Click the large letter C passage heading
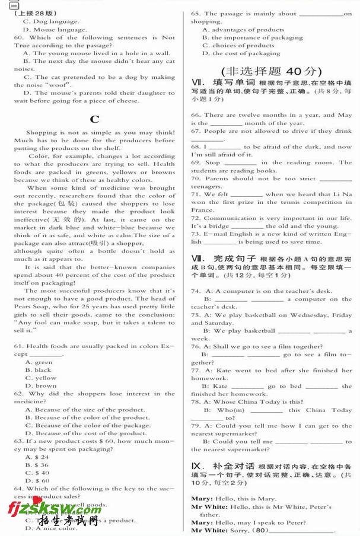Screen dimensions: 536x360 coord(94,119)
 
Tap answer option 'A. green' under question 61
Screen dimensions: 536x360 coord(39,362)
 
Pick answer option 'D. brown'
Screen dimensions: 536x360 coord(41,386)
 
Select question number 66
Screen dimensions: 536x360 coord(196,115)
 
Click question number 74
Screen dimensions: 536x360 coord(196,291)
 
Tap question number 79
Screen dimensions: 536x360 coord(196,426)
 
